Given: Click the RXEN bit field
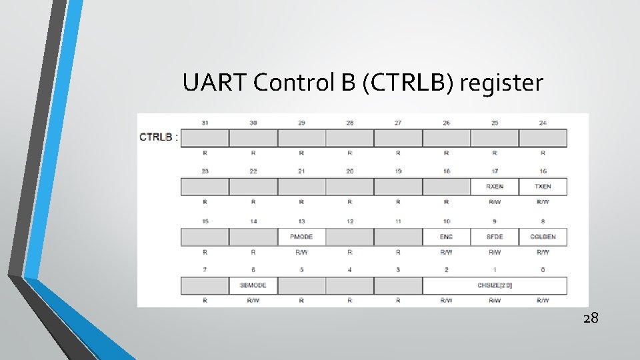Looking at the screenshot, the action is (495, 187).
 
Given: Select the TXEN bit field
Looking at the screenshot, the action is (543, 187).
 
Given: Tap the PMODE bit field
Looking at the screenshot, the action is (301, 237).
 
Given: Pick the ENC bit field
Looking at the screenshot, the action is (447, 237).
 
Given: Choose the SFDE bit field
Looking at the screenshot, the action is (495, 237).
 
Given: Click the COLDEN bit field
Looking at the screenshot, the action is (543, 237).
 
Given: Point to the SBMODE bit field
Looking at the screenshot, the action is (253, 285).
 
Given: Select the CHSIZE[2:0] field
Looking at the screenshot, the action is (495, 285).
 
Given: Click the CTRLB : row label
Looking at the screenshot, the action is (159, 137).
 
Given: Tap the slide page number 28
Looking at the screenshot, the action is (591, 318).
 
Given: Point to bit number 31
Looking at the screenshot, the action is (205, 123).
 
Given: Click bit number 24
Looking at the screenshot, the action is (543, 123).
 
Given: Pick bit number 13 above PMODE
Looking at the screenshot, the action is (301, 221).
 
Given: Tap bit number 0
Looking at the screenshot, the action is (543, 270).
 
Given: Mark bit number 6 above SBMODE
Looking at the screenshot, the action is (253, 270).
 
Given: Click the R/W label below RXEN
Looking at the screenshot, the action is (495, 201).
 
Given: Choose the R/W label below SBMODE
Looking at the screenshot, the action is (253, 301).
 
